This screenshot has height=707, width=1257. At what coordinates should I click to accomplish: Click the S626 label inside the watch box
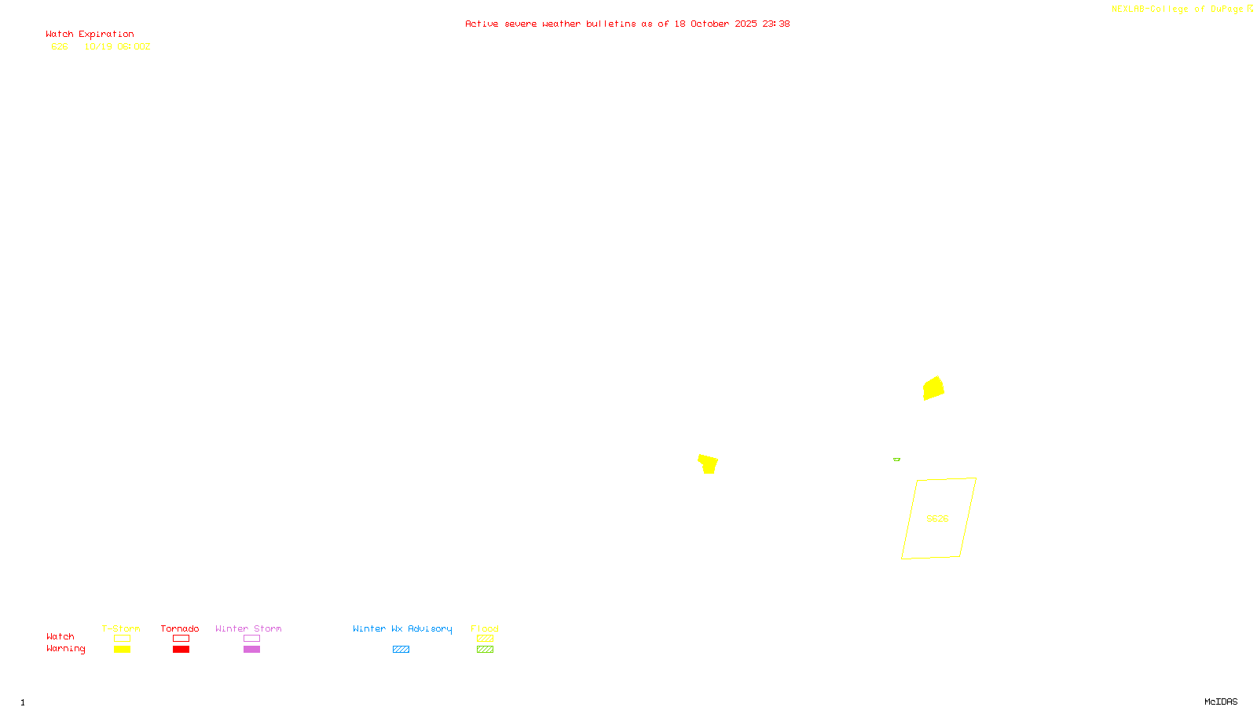click(x=937, y=518)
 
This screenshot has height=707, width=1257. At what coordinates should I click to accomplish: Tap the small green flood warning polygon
click(x=896, y=460)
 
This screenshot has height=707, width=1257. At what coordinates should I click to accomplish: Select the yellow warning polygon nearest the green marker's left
click(x=708, y=463)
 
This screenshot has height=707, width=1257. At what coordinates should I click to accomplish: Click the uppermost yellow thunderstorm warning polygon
click(x=933, y=388)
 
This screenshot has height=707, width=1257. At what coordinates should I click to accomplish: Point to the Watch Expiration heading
click(x=90, y=35)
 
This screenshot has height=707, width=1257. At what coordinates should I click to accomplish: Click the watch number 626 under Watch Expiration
click(x=60, y=46)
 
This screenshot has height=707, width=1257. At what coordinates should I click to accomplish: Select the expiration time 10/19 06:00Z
click(x=117, y=46)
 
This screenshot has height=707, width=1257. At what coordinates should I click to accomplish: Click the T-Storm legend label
click(x=121, y=628)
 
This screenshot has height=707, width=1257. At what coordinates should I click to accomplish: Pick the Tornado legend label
click(x=180, y=628)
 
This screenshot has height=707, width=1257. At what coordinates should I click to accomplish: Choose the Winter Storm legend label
click(x=248, y=628)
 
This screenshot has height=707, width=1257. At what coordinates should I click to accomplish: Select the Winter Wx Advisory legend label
click(x=402, y=628)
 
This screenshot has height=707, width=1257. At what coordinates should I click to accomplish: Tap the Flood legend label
click(x=485, y=628)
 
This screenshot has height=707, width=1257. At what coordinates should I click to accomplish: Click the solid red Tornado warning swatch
click(x=181, y=650)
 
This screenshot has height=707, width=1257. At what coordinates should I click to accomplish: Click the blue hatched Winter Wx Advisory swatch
click(x=401, y=650)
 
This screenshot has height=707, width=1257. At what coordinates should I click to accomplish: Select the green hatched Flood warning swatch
click(x=485, y=650)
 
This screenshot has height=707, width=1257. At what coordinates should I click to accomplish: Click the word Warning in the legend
click(x=65, y=649)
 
